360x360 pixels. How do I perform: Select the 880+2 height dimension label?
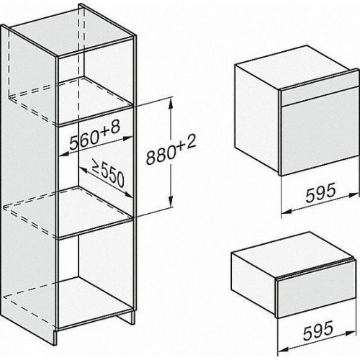pyautogui.click(x=171, y=149)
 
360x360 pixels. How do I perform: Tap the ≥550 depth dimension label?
pyautogui.click(x=109, y=173)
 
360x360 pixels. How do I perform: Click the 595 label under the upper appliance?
pyautogui.click(x=320, y=192)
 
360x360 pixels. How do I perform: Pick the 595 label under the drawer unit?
pyautogui.click(x=318, y=330)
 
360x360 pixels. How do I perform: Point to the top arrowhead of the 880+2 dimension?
pyautogui.click(x=171, y=103)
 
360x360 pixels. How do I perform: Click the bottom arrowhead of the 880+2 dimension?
pyautogui.click(x=171, y=202)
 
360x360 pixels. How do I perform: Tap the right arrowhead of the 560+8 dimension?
pyautogui.click(x=127, y=138)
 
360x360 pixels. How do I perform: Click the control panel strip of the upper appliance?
pyautogui.click(x=320, y=92)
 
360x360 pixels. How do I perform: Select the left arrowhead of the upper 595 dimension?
pyautogui.click(x=287, y=211)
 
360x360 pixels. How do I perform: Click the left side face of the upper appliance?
pyautogui.click(x=257, y=119)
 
